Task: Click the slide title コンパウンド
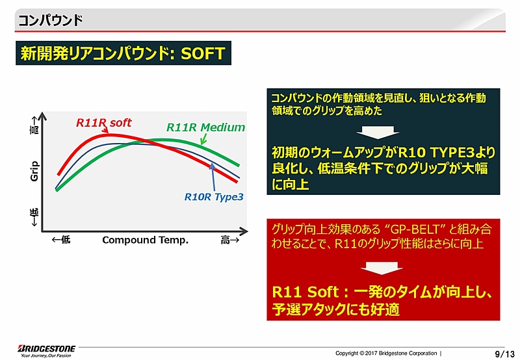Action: coord(50,19)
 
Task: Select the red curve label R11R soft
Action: coord(104,122)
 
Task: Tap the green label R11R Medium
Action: coord(205,127)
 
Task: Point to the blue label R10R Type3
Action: coord(214,196)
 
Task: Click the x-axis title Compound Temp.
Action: coord(145,240)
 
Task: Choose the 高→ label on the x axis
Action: coord(230,240)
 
